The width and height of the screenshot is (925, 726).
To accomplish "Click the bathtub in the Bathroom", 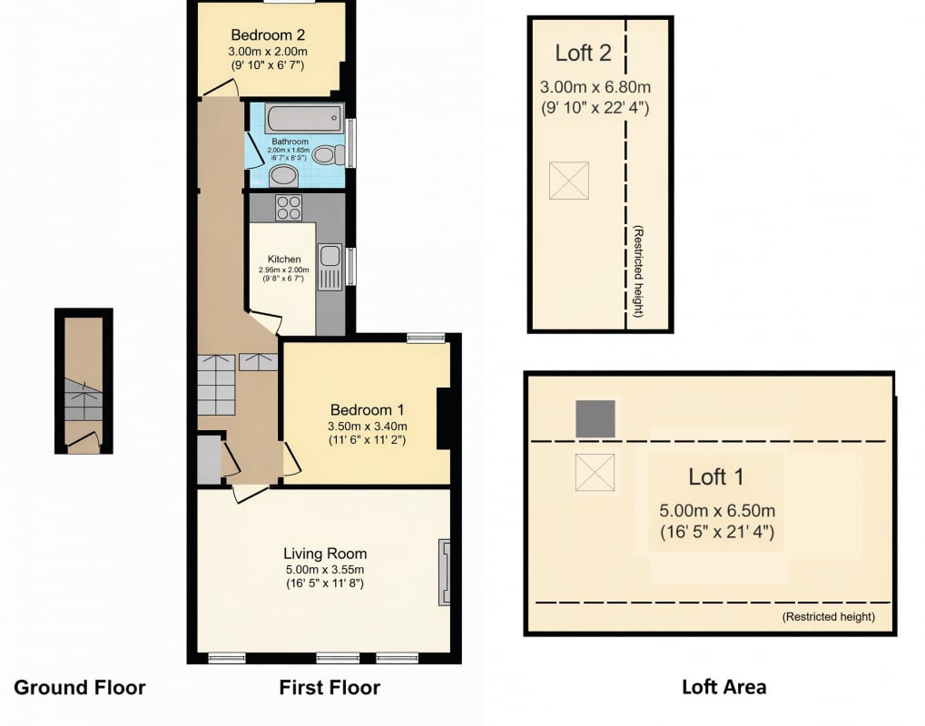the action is tap(303, 118).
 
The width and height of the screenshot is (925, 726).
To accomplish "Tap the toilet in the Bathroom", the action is tap(329, 155).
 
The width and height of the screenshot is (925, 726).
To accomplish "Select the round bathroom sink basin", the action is tap(284, 176).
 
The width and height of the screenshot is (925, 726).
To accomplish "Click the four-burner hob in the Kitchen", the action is tap(289, 208).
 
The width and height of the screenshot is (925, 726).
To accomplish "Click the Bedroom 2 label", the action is tap(268, 34).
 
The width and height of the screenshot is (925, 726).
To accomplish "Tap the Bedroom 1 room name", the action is tap(367, 410).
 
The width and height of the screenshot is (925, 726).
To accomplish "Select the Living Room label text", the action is tap(325, 554).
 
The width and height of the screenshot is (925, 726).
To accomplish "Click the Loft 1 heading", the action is tap(716, 476).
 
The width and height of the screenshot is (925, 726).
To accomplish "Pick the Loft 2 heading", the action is tap(583, 53).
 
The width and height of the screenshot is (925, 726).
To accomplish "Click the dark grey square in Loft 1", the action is tap(595, 418).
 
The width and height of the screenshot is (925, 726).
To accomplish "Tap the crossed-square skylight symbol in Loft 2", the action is tap(568, 181).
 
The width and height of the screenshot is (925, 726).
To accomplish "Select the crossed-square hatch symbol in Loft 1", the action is tap(595, 473).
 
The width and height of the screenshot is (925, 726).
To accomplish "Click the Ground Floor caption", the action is tap(80, 688).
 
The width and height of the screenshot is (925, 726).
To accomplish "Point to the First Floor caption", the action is tap(330, 688).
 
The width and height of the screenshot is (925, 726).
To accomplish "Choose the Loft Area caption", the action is tap(723, 687).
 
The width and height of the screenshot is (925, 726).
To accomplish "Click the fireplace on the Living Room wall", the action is tap(444, 572).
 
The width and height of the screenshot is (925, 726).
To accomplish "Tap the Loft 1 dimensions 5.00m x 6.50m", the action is tap(717, 511).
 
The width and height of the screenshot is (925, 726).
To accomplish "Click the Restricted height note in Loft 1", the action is tap(828, 617).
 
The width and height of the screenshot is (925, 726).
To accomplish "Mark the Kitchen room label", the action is tap(284, 259).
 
